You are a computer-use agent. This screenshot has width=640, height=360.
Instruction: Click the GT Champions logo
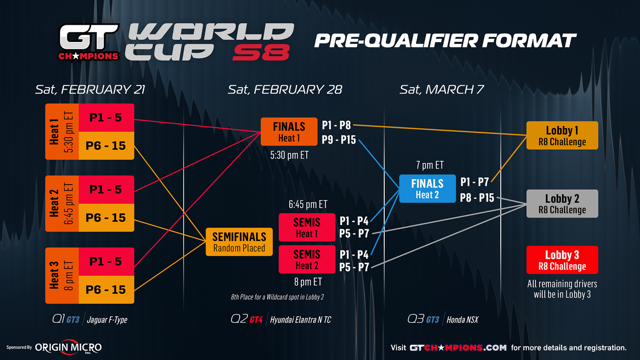[x=89, y=42]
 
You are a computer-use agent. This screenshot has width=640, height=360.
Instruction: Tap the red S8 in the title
[x=261, y=52]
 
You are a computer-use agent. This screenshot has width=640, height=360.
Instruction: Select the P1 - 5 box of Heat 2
[x=106, y=190]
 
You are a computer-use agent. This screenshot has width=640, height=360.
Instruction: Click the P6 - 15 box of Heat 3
[x=106, y=290]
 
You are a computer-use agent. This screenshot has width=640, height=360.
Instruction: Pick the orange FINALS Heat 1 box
[x=289, y=132]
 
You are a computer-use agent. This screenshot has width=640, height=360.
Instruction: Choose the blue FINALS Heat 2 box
[x=428, y=188]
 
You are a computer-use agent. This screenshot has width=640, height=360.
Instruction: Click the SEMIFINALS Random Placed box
[x=239, y=242]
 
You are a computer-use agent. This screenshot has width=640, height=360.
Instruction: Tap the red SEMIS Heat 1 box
[x=307, y=228]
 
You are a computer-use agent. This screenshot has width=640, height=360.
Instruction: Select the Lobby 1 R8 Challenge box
[x=562, y=136]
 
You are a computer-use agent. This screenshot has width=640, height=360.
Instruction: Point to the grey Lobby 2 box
[x=562, y=204]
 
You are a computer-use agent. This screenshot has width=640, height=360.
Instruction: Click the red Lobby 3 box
[x=562, y=260]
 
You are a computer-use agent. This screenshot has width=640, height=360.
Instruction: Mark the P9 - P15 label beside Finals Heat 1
[x=339, y=140]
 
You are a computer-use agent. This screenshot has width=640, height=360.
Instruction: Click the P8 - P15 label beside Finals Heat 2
[x=477, y=198]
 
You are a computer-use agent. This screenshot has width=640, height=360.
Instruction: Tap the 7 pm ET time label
[x=430, y=165]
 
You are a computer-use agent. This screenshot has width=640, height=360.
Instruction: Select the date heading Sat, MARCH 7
[x=442, y=90]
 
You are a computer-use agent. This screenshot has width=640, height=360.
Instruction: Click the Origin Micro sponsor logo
[x=68, y=348]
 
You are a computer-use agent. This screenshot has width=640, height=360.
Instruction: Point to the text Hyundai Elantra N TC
[x=300, y=320]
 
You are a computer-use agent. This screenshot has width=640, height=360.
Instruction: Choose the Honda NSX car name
[x=462, y=320]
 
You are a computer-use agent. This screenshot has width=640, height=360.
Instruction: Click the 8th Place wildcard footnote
[x=278, y=297]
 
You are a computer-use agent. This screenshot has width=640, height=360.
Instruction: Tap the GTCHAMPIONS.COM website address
[x=458, y=348]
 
